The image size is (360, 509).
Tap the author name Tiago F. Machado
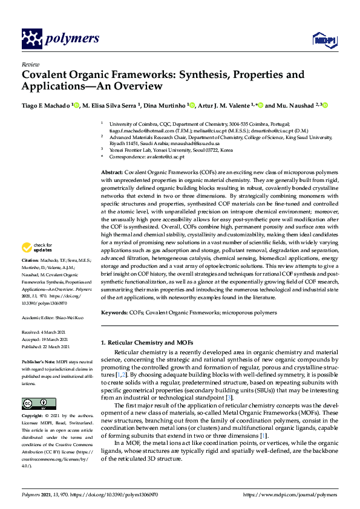click(x=45, y=105)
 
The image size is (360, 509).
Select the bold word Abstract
click(x=113, y=173)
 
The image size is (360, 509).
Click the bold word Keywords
click(x=114, y=313)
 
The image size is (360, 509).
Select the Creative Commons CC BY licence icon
click(x=34, y=403)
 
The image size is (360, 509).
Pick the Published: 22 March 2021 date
click(x=47, y=346)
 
